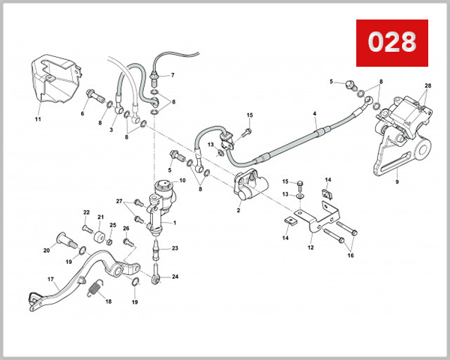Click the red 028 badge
(391, 43)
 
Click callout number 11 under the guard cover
(37, 118)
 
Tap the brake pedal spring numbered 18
(94, 287)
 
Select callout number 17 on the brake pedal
(51, 280)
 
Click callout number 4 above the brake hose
(315, 114)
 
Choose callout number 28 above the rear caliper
(427, 85)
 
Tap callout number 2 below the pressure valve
(238, 211)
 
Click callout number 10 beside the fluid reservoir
(182, 180)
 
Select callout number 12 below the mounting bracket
(310, 245)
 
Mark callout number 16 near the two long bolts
(349, 255)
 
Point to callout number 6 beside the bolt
(82, 113)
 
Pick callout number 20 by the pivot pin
(46, 250)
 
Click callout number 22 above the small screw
(86, 212)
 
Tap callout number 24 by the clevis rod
(175, 276)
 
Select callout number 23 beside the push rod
(174, 248)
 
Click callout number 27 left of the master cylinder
(118, 201)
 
